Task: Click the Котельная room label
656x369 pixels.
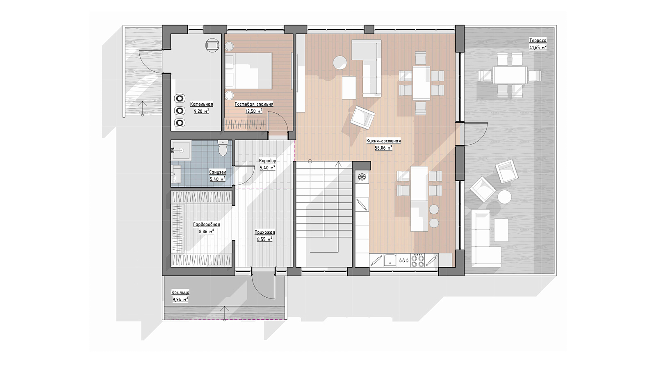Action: (201, 104)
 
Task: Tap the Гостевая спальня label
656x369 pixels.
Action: (254, 104)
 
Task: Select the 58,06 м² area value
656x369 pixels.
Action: (384, 148)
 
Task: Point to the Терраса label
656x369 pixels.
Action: (538, 41)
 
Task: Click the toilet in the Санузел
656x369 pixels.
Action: (223, 148)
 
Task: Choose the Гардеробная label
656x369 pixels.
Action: (207, 225)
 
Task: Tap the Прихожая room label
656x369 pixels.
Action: (265, 232)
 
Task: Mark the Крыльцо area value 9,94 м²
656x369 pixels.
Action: (180, 299)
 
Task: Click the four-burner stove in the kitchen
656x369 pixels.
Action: (417, 260)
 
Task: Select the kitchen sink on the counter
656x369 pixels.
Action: (390, 260)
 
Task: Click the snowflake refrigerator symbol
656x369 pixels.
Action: (362, 177)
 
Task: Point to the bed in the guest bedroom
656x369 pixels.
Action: (248, 71)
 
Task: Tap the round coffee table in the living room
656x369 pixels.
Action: (340, 63)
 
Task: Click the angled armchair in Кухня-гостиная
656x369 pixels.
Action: (363, 117)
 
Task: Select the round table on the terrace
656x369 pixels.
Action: (505, 196)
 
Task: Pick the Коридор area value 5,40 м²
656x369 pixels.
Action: (267, 168)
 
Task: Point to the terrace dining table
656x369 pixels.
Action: (510, 75)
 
